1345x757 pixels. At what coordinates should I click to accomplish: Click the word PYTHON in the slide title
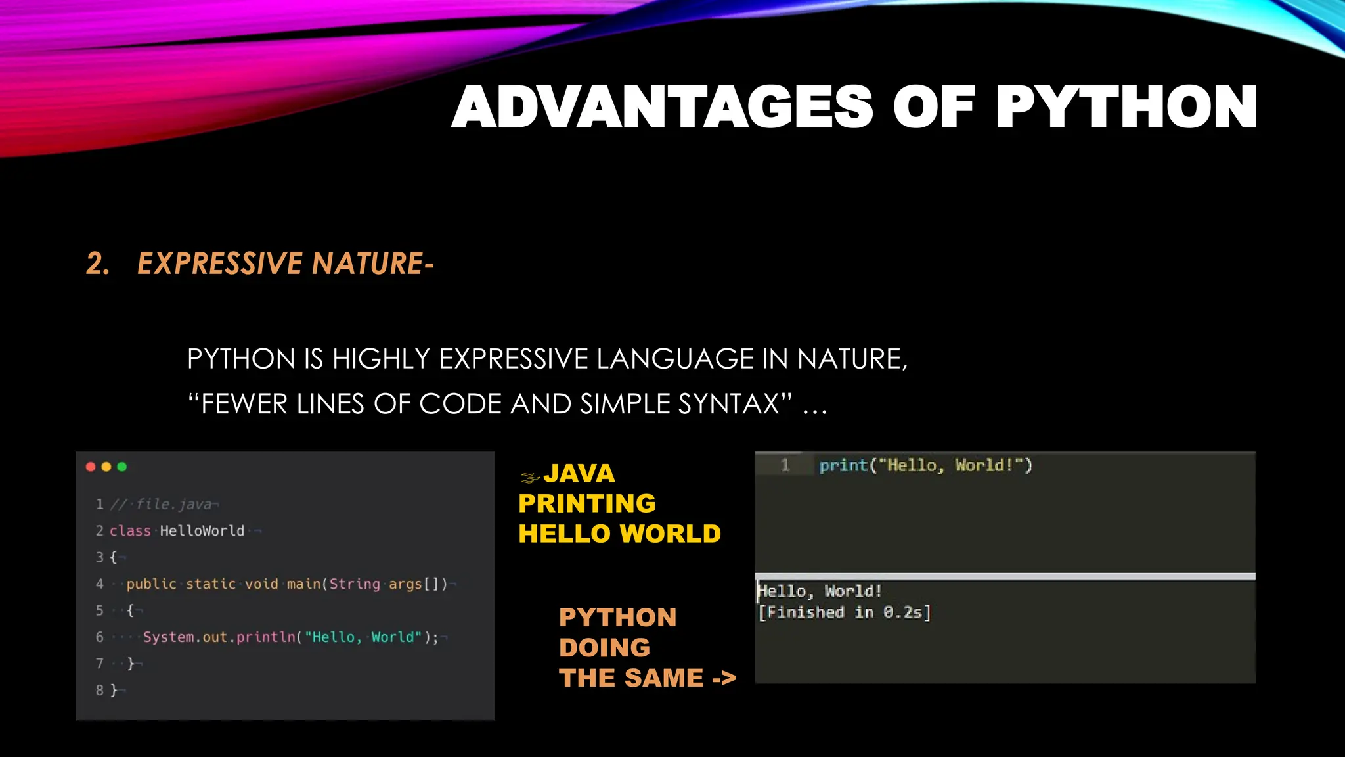tap(1126, 107)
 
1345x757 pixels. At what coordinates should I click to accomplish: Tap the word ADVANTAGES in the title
tap(662, 107)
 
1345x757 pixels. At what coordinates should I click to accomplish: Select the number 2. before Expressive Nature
tap(98, 264)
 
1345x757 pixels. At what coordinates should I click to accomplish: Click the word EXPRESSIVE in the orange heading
tap(219, 264)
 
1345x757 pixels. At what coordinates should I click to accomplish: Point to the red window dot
tap(91, 467)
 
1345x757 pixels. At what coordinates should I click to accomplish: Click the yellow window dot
tap(106, 467)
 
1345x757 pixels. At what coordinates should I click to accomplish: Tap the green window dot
tap(121, 467)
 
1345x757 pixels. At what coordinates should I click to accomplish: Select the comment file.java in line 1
tap(173, 504)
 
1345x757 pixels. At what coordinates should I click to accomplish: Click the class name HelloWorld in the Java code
tap(202, 531)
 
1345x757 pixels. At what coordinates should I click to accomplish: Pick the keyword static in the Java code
tap(210, 584)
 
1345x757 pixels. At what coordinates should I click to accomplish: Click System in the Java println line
tap(168, 637)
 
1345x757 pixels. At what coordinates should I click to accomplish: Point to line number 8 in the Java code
tap(100, 690)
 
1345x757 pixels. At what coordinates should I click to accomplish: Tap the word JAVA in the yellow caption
tap(579, 473)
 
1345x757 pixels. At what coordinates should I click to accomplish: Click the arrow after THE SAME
tap(724, 678)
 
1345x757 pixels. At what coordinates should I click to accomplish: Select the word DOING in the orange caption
tap(604, 648)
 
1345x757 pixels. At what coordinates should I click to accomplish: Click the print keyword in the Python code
tap(843, 465)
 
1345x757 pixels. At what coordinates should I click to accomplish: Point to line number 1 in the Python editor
tap(785, 465)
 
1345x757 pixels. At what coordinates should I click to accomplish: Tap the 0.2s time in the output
tap(902, 612)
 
